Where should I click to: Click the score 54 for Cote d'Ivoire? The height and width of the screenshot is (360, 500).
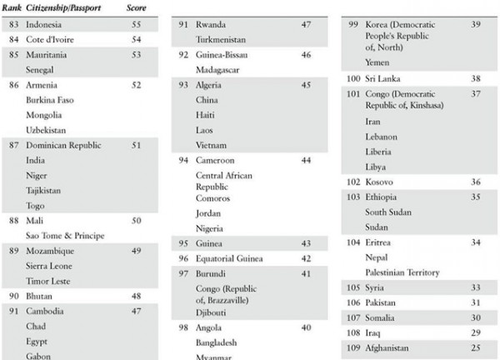pyautogui.click(x=135, y=39)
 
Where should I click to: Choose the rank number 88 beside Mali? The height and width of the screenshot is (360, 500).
pyautogui.click(x=13, y=221)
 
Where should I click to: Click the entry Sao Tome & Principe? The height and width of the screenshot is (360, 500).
pyautogui.click(x=65, y=236)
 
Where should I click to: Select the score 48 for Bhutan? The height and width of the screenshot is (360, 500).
pyautogui.click(x=135, y=296)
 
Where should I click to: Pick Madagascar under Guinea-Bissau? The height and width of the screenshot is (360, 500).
pyautogui.click(x=218, y=69)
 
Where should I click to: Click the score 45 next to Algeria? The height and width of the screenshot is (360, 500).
pyautogui.click(x=307, y=84)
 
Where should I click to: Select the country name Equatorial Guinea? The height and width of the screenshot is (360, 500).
pyautogui.click(x=231, y=257)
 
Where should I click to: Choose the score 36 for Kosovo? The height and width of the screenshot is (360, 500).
pyautogui.click(x=476, y=182)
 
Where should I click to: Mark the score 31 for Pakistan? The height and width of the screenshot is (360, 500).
pyautogui.click(x=476, y=302)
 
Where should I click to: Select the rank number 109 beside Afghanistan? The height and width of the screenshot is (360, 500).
pyautogui.click(x=353, y=347)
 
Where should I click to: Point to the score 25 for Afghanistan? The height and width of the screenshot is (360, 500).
pyautogui.click(x=476, y=347)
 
